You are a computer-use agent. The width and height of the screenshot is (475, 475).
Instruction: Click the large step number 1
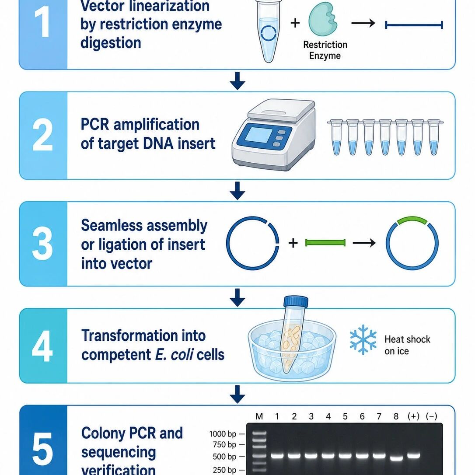(x=42, y=23)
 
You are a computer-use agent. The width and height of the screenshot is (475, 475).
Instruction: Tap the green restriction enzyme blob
(x=323, y=19)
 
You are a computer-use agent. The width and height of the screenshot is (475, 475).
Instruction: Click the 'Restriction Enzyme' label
(x=325, y=50)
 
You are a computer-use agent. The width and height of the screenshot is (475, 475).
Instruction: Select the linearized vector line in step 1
(x=414, y=25)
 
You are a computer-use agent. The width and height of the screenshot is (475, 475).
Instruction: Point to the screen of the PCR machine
(x=258, y=135)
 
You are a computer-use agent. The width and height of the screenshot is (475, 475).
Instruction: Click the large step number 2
(x=42, y=135)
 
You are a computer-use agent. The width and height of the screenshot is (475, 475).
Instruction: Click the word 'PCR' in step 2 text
(x=95, y=125)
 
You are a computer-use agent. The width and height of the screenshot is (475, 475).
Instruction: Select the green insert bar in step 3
(x=325, y=243)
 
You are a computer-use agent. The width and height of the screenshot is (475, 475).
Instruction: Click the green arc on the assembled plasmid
(x=412, y=220)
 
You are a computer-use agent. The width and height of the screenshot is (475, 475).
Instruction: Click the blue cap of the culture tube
(x=296, y=302)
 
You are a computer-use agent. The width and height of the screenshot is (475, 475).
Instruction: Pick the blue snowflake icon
(x=363, y=339)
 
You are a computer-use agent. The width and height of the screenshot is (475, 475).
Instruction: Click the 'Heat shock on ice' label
(x=407, y=345)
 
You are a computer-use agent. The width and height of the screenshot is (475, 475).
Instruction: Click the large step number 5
(x=42, y=449)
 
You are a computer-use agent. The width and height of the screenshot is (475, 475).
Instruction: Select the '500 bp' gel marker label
(x=224, y=457)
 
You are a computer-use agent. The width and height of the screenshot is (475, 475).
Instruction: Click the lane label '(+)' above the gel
(x=413, y=416)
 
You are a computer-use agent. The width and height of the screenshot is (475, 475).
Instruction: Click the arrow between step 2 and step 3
(x=237, y=191)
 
